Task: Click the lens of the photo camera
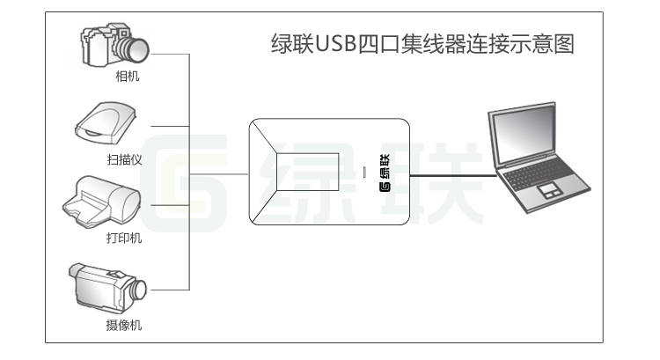[x=138, y=48]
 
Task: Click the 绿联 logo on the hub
[x=385, y=173]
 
